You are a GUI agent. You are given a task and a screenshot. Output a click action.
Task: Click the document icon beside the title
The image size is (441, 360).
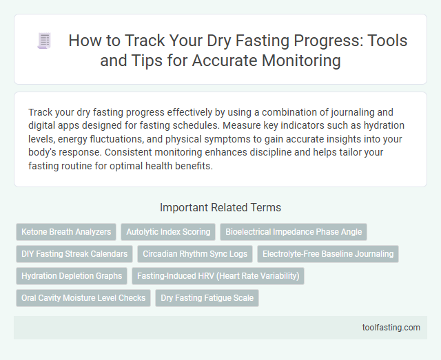(43, 41)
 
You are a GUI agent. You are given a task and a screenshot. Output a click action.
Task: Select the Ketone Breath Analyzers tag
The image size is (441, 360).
(66, 232)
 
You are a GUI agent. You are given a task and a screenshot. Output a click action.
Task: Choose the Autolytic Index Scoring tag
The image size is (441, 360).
(167, 232)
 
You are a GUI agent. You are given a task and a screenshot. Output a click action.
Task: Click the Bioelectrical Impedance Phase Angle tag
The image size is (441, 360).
(294, 232)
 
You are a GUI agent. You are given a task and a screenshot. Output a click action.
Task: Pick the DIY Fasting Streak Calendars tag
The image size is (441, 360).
(74, 254)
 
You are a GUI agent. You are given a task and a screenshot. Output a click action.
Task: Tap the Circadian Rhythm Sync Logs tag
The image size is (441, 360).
(195, 254)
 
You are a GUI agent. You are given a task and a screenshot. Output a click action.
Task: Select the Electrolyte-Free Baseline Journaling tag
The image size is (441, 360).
(328, 254)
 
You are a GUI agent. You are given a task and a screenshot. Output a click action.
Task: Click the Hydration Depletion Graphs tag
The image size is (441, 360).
(72, 276)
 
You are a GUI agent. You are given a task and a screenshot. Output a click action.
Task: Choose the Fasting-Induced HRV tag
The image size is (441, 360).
(218, 276)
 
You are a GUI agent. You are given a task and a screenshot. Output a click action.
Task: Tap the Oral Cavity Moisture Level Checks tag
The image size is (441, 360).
(83, 298)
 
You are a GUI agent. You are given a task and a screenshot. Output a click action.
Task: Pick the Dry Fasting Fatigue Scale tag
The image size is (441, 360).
(207, 298)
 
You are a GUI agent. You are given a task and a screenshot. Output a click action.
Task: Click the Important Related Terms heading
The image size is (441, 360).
(220, 207)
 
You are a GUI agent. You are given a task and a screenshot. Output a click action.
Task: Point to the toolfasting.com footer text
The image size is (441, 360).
(390, 327)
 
